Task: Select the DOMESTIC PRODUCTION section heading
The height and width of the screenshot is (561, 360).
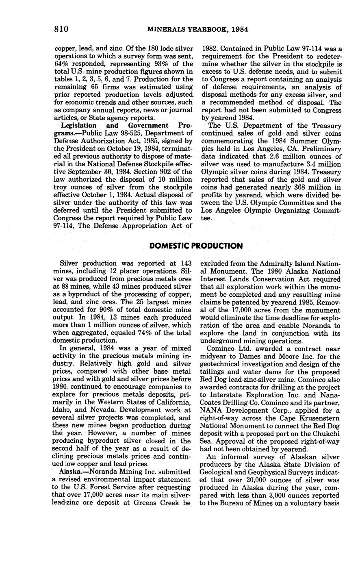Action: [196, 246]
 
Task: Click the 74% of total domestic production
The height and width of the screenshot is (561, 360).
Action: [137, 333]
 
